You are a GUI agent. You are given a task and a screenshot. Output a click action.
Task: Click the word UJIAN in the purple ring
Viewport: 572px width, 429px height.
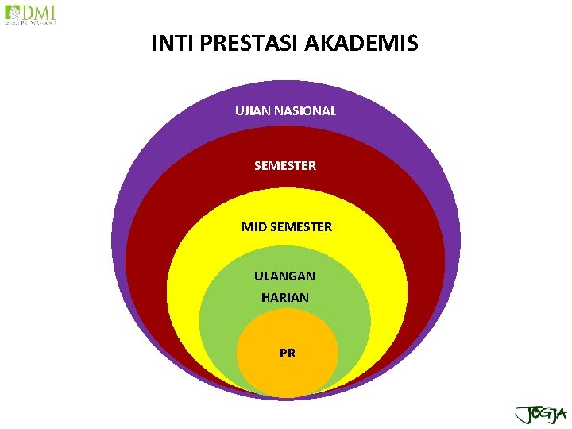point(253,111)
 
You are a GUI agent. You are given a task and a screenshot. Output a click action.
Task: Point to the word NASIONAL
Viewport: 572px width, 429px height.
point(305,111)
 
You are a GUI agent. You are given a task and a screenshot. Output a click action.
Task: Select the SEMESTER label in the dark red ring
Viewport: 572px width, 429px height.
point(285,166)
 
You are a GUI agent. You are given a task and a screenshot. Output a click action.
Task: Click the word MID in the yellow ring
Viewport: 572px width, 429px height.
point(254,227)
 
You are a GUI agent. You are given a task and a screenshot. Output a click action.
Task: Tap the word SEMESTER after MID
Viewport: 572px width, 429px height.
point(301,227)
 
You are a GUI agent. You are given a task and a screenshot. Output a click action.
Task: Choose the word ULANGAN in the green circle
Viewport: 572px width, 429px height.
point(284,276)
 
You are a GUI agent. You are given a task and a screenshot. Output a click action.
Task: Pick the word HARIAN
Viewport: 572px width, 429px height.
point(285,298)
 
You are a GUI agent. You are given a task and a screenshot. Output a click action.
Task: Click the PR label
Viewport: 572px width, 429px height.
point(288,354)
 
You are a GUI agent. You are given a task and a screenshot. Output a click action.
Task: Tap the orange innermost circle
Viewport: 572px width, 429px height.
point(288,373)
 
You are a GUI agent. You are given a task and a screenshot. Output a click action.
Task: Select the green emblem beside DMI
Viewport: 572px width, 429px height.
point(12,14)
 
